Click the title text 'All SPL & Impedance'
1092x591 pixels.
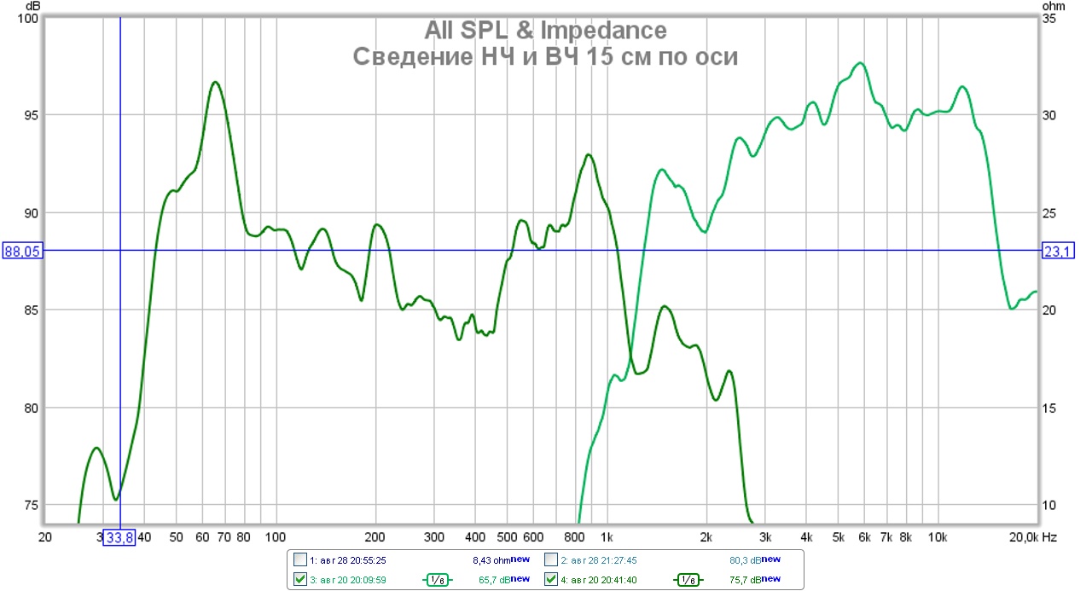[545, 31]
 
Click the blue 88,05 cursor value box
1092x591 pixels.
[23, 251]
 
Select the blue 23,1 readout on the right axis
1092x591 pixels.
[1057, 251]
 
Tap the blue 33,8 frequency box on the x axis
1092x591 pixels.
[119, 537]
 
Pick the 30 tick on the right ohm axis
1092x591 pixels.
[1052, 115]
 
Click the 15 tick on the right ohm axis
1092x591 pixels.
[1052, 408]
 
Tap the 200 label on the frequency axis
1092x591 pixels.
[375, 537]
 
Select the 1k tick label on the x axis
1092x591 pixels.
[607, 537]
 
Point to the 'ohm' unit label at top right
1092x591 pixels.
[1054, 6]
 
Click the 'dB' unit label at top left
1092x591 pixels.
[33, 6]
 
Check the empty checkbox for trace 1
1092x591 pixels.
[299, 560]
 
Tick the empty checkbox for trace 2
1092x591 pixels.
[550, 560]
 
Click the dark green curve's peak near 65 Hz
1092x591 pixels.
[215, 82]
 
